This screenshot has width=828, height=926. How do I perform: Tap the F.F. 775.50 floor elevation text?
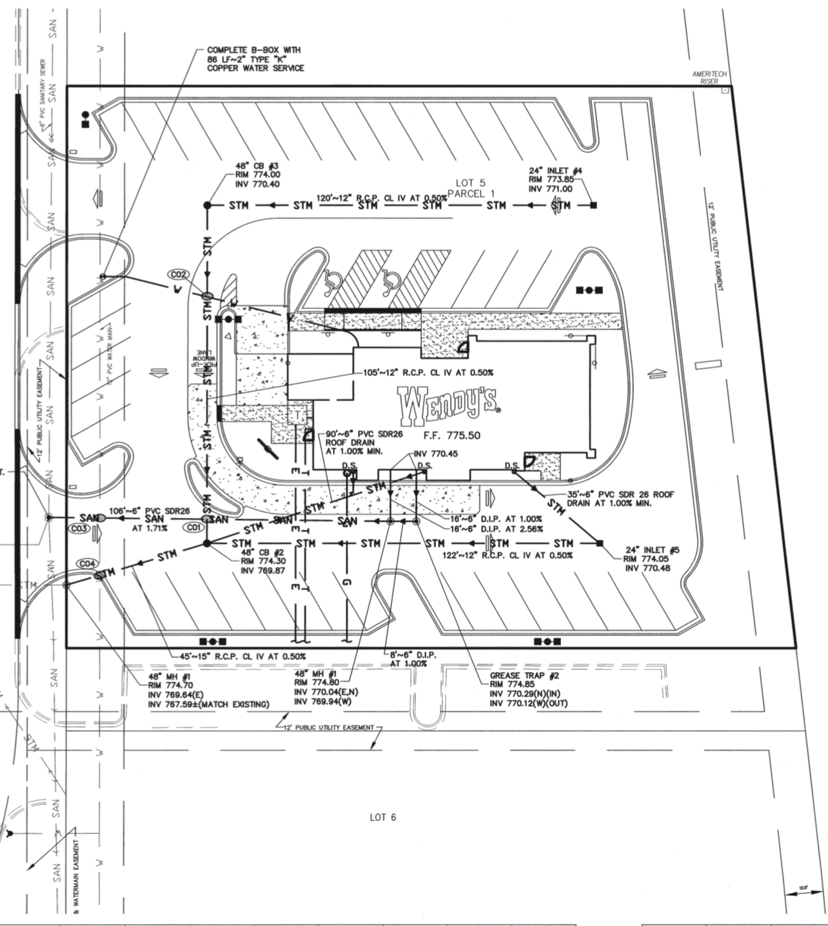451,436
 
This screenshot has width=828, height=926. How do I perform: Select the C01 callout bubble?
194,528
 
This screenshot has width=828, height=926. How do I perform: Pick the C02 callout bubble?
179,274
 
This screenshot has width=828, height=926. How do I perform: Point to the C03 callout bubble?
79,528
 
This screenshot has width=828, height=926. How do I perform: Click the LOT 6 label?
382,818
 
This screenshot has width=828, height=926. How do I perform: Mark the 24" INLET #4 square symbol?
593,205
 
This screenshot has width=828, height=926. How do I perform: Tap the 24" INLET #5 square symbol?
600,543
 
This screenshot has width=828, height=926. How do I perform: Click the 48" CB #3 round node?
208,205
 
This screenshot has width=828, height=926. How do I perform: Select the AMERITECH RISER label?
709,77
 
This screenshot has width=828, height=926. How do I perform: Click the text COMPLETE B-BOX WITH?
253,50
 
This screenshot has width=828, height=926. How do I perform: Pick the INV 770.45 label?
435,454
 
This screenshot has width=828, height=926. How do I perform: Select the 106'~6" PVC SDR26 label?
149,510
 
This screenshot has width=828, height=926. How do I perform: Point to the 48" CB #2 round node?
207,543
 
